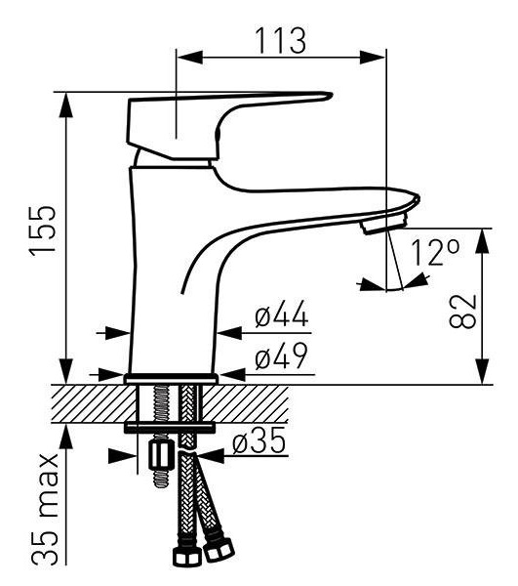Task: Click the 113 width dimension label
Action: [x=281, y=40]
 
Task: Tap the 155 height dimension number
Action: [x=43, y=230]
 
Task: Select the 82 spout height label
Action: [x=463, y=312]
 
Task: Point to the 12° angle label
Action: [x=434, y=252]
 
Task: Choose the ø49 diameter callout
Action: [x=281, y=356]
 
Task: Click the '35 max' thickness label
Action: [x=45, y=509]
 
